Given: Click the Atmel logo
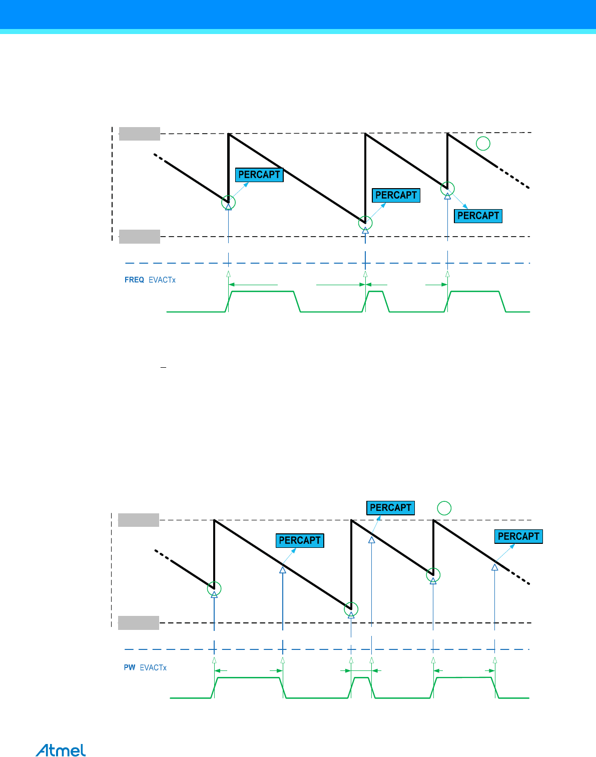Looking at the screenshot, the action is pyautogui.click(x=61, y=750).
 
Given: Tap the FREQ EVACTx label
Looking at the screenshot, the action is pyautogui.click(x=150, y=280).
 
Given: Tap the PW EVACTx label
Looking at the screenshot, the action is pyautogui.click(x=145, y=667).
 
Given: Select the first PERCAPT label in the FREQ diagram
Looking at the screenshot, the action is pyautogui.click(x=259, y=175).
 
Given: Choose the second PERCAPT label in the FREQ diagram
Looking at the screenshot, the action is pyautogui.click(x=396, y=195).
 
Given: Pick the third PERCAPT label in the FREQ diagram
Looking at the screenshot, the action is pyautogui.click(x=478, y=216).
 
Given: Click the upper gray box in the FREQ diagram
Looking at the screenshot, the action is pyautogui.click(x=140, y=134).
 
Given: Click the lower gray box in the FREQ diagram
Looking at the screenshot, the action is pyautogui.click(x=140, y=236).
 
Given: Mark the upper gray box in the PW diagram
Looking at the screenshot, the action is pyautogui.click(x=139, y=520).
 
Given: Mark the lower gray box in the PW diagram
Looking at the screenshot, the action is pyautogui.click(x=139, y=623).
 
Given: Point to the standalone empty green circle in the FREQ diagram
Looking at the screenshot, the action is pyautogui.click(x=483, y=144).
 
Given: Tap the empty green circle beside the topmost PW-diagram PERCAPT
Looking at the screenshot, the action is pyautogui.click(x=444, y=508).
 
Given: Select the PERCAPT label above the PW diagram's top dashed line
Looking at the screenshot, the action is pyautogui.click(x=390, y=508).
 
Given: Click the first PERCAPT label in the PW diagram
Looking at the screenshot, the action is pyautogui.click(x=300, y=540).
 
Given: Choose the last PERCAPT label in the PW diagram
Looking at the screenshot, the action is pyautogui.click(x=518, y=536).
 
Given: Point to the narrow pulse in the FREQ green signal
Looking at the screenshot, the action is pyautogui.click(x=375, y=300).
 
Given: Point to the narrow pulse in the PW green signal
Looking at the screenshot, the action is pyautogui.click(x=361, y=686).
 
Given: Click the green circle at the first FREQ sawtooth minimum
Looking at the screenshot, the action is pyautogui.click(x=228, y=202).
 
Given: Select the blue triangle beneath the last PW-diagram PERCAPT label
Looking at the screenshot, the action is pyautogui.click(x=494, y=567).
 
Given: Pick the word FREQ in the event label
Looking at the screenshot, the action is pyautogui.click(x=134, y=280).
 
